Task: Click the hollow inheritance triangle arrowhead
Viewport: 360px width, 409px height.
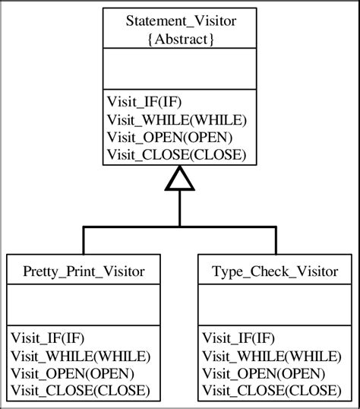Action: [179, 179]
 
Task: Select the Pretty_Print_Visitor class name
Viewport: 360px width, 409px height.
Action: [84, 271]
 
